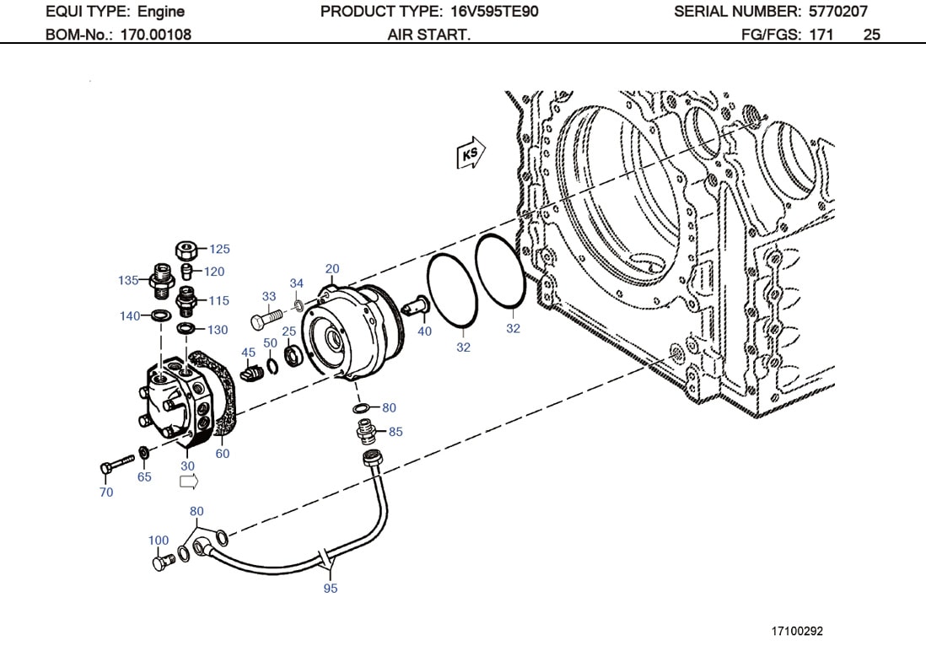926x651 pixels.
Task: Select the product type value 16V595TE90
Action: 490,12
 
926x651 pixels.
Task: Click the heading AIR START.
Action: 428,35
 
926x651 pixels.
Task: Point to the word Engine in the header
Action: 161,12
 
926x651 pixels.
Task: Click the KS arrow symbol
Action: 471,154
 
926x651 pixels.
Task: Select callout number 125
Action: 219,249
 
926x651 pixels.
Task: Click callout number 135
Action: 128,280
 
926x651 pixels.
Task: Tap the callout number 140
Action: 129,316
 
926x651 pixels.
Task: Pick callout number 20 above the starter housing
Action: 332,269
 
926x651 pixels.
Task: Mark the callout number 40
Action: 424,331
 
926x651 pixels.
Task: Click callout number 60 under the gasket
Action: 222,454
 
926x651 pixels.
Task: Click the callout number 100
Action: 159,541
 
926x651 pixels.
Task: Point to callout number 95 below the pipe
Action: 330,588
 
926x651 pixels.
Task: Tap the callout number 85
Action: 396,432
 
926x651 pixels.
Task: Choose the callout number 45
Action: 248,352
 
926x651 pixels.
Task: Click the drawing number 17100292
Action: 797,631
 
